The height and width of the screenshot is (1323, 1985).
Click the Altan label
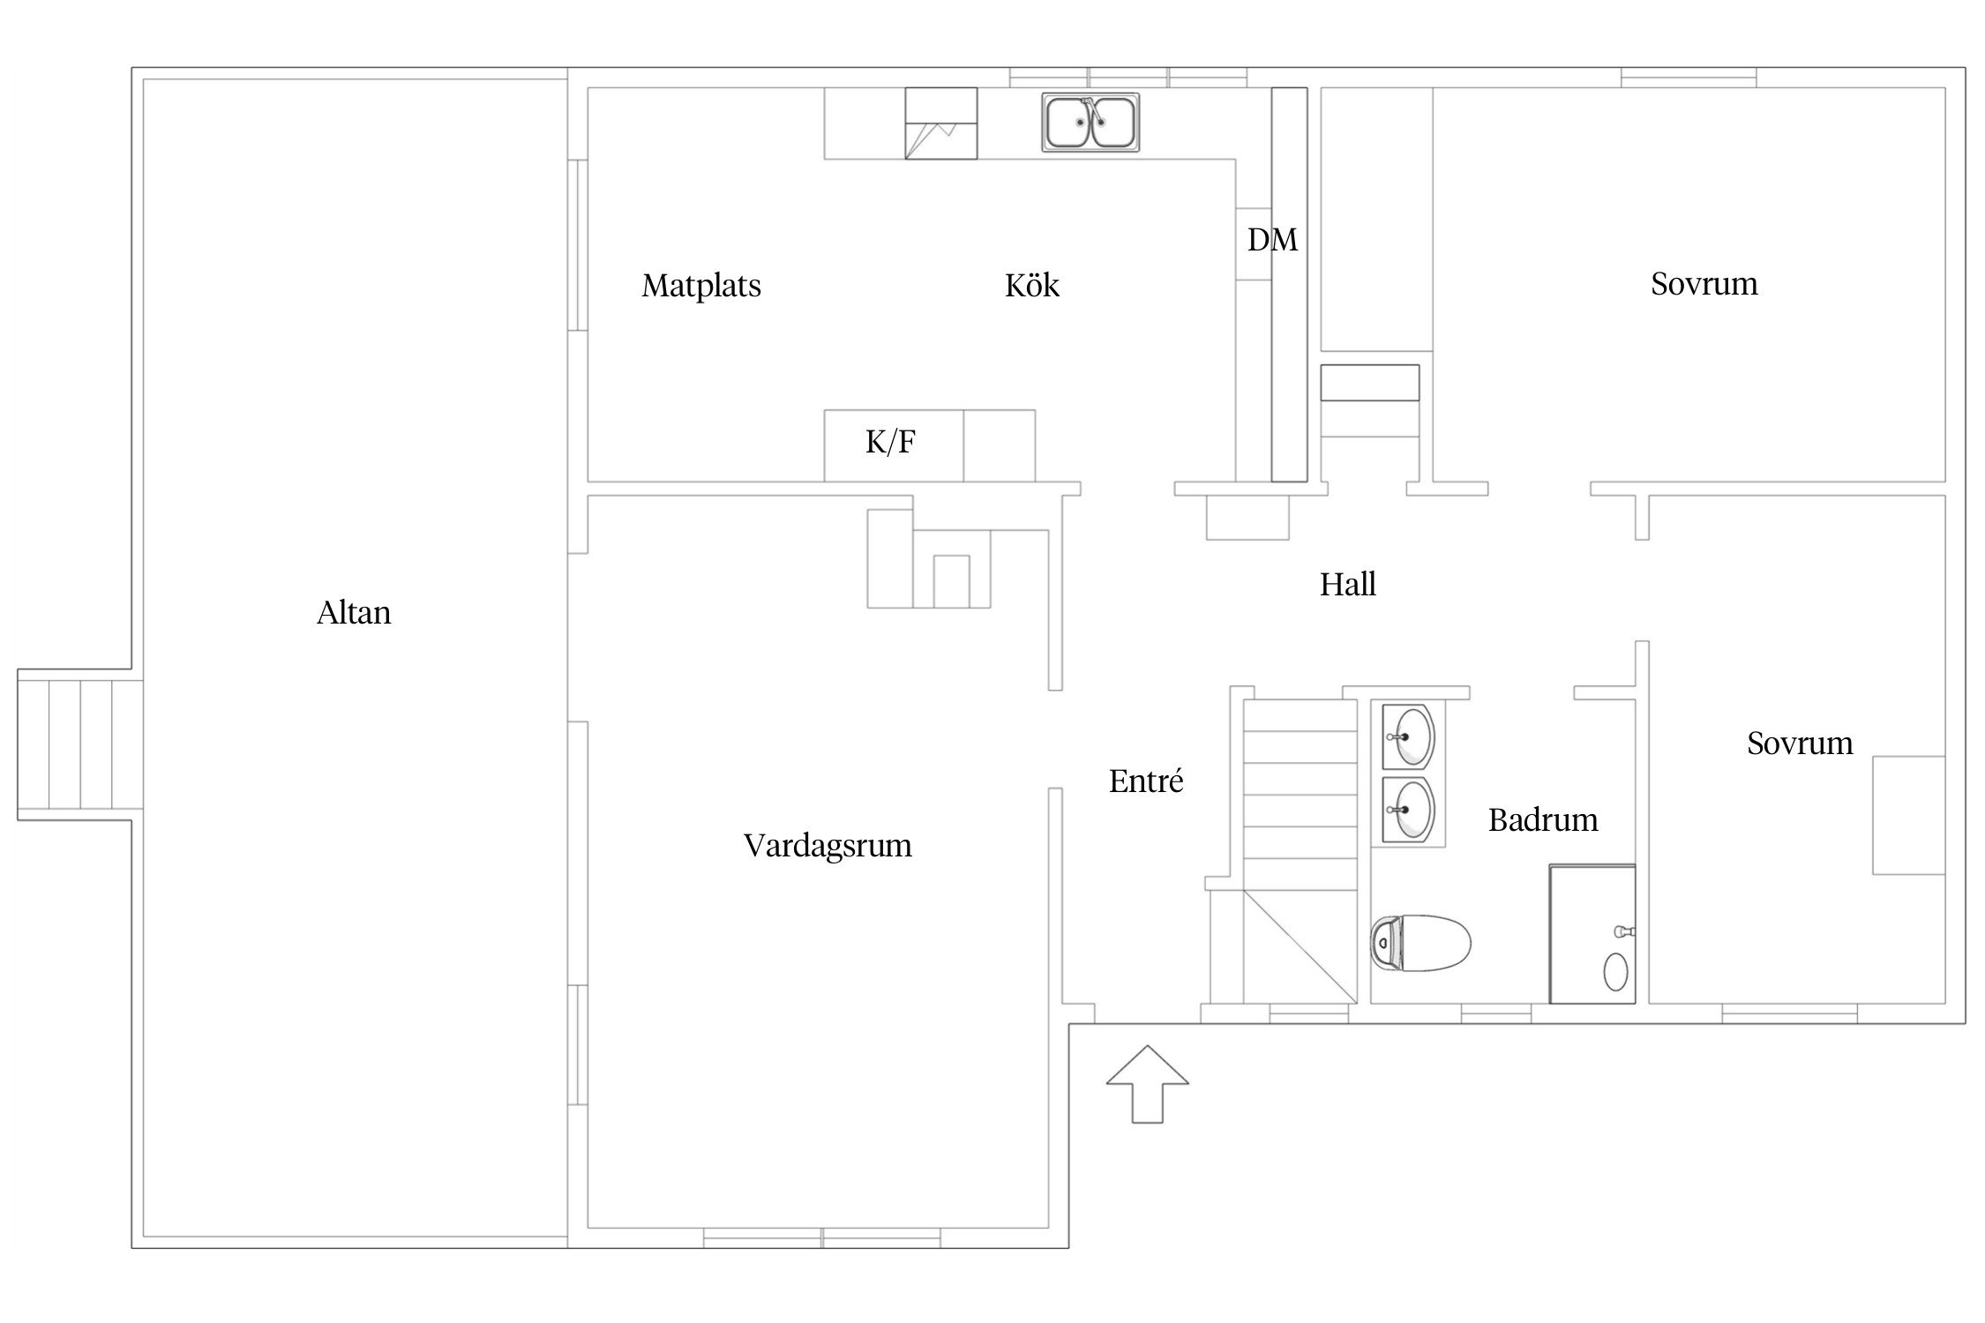click(354, 612)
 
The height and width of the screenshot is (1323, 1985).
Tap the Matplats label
click(701, 286)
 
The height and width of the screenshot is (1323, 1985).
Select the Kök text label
click(1032, 285)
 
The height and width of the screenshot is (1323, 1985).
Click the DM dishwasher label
click(1272, 240)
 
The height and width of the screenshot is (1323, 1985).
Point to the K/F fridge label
click(890, 442)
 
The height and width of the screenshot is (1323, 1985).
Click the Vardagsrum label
click(828, 846)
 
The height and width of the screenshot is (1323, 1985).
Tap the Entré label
click(1146, 781)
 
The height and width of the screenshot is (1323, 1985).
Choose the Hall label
click(1348, 584)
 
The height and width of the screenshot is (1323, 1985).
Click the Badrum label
click(1543, 820)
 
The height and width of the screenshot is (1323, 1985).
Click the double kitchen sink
click(1090, 123)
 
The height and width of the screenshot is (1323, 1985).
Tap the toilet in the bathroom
click(1420, 943)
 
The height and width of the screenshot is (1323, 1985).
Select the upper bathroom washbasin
click(1409, 736)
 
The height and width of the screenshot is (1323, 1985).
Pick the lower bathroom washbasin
click(1409, 810)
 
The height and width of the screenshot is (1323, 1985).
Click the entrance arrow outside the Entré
click(1147, 1084)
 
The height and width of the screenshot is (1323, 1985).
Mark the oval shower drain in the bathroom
click(1615, 972)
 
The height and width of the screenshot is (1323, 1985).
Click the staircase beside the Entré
click(1300, 851)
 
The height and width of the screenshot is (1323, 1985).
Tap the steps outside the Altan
click(80, 745)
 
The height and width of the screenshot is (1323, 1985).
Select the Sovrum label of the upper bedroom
click(1704, 284)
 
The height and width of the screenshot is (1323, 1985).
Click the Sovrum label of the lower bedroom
click(1800, 744)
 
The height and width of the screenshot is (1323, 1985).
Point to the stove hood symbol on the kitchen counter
click(941, 123)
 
